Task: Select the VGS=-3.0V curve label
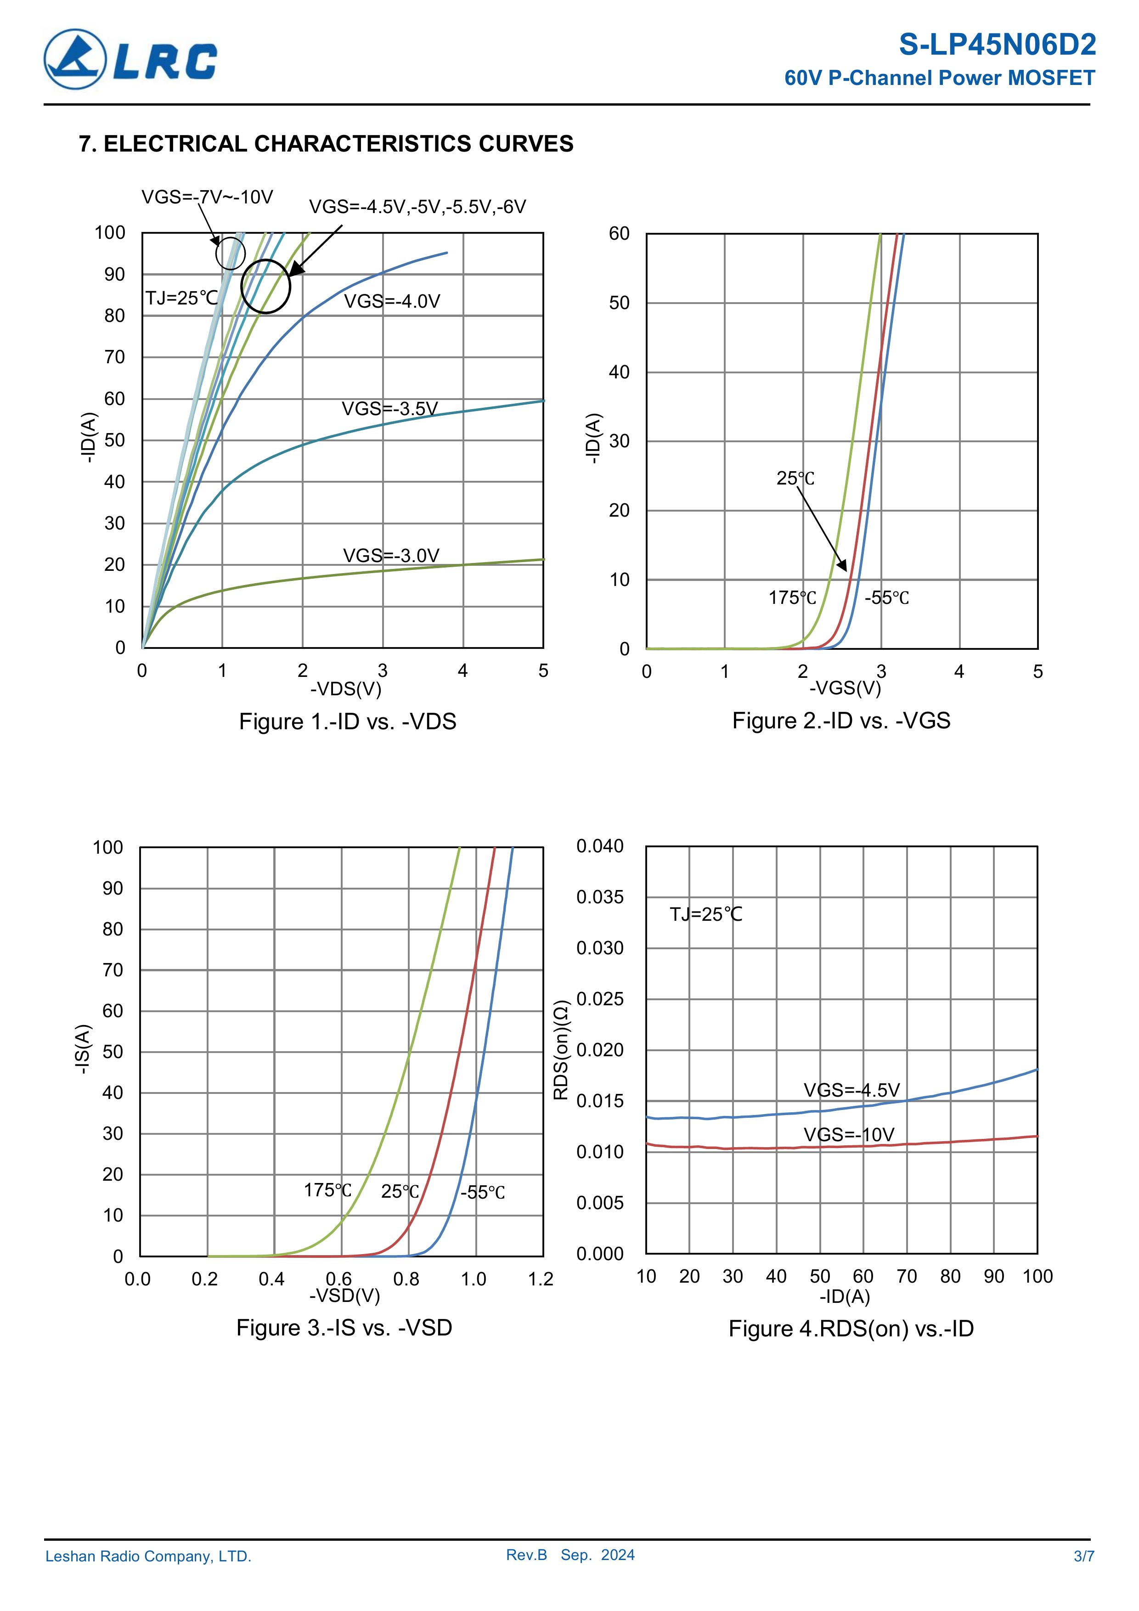(x=391, y=556)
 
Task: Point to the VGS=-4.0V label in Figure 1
(x=392, y=302)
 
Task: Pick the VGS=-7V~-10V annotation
(x=207, y=197)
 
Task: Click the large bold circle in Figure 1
(x=265, y=286)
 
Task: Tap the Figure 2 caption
(x=841, y=721)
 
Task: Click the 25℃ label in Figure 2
(x=795, y=479)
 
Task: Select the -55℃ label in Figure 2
(x=886, y=598)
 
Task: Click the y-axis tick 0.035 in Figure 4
(x=599, y=897)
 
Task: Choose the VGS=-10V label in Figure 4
(x=848, y=1135)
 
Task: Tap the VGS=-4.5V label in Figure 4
(x=851, y=1090)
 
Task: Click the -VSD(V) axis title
(x=344, y=1295)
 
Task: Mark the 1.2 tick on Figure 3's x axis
(x=541, y=1279)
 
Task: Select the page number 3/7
(x=1083, y=1556)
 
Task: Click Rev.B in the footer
(x=526, y=1555)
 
